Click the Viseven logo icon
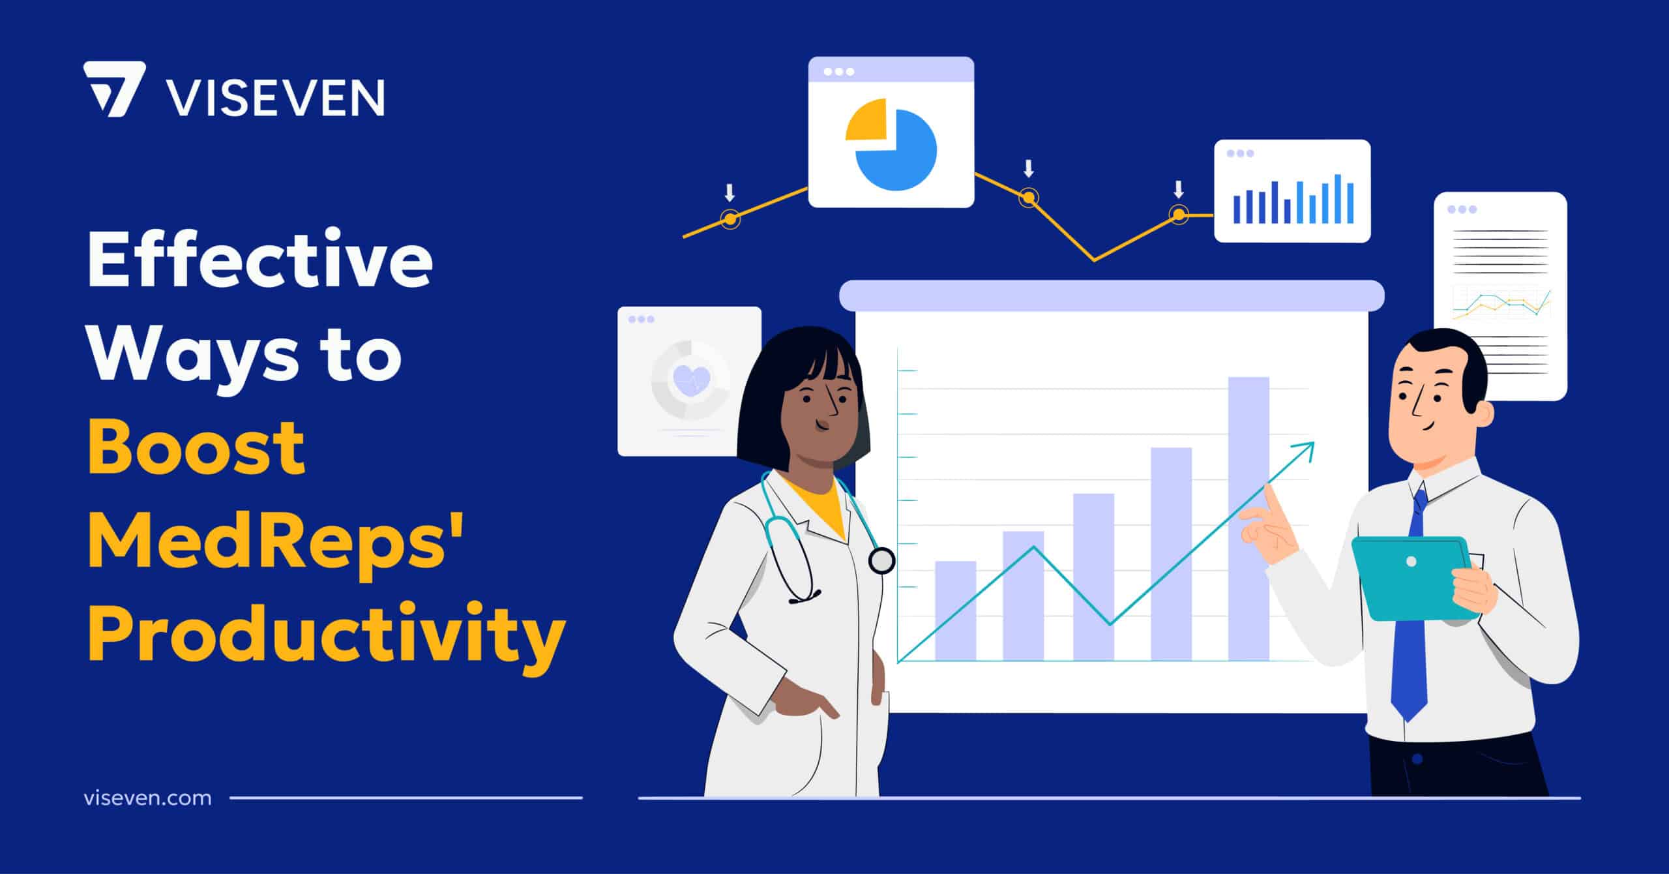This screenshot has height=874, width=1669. [112, 89]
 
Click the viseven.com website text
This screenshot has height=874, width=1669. [148, 798]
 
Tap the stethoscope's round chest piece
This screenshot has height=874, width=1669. [881, 560]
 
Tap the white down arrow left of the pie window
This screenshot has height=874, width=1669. [730, 192]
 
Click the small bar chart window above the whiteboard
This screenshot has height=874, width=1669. [1292, 190]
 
